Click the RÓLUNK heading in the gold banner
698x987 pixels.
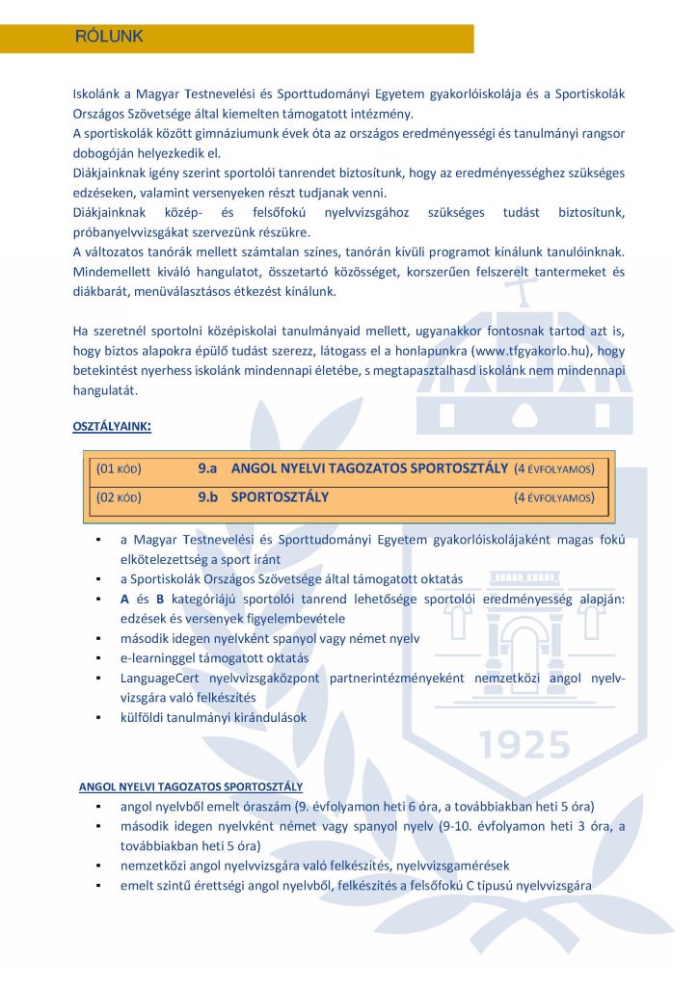coord(109,38)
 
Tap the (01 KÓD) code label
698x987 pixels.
coord(119,468)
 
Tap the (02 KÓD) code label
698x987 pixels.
coord(119,498)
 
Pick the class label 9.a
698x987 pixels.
coord(207,468)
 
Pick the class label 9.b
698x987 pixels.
coord(207,498)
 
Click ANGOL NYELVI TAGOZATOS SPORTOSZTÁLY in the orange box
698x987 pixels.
coord(369,468)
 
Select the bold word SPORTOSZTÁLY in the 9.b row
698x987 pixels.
coord(280,498)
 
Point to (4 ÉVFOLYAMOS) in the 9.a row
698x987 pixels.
coord(554,469)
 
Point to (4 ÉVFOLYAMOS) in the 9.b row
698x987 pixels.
coord(554,499)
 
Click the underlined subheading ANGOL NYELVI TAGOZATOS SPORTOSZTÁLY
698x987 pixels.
coord(191,787)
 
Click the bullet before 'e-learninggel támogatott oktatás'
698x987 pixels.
coord(99,658)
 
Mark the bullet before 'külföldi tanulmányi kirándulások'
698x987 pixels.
coord(99,718)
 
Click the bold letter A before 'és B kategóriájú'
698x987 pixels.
coord(124,599)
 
